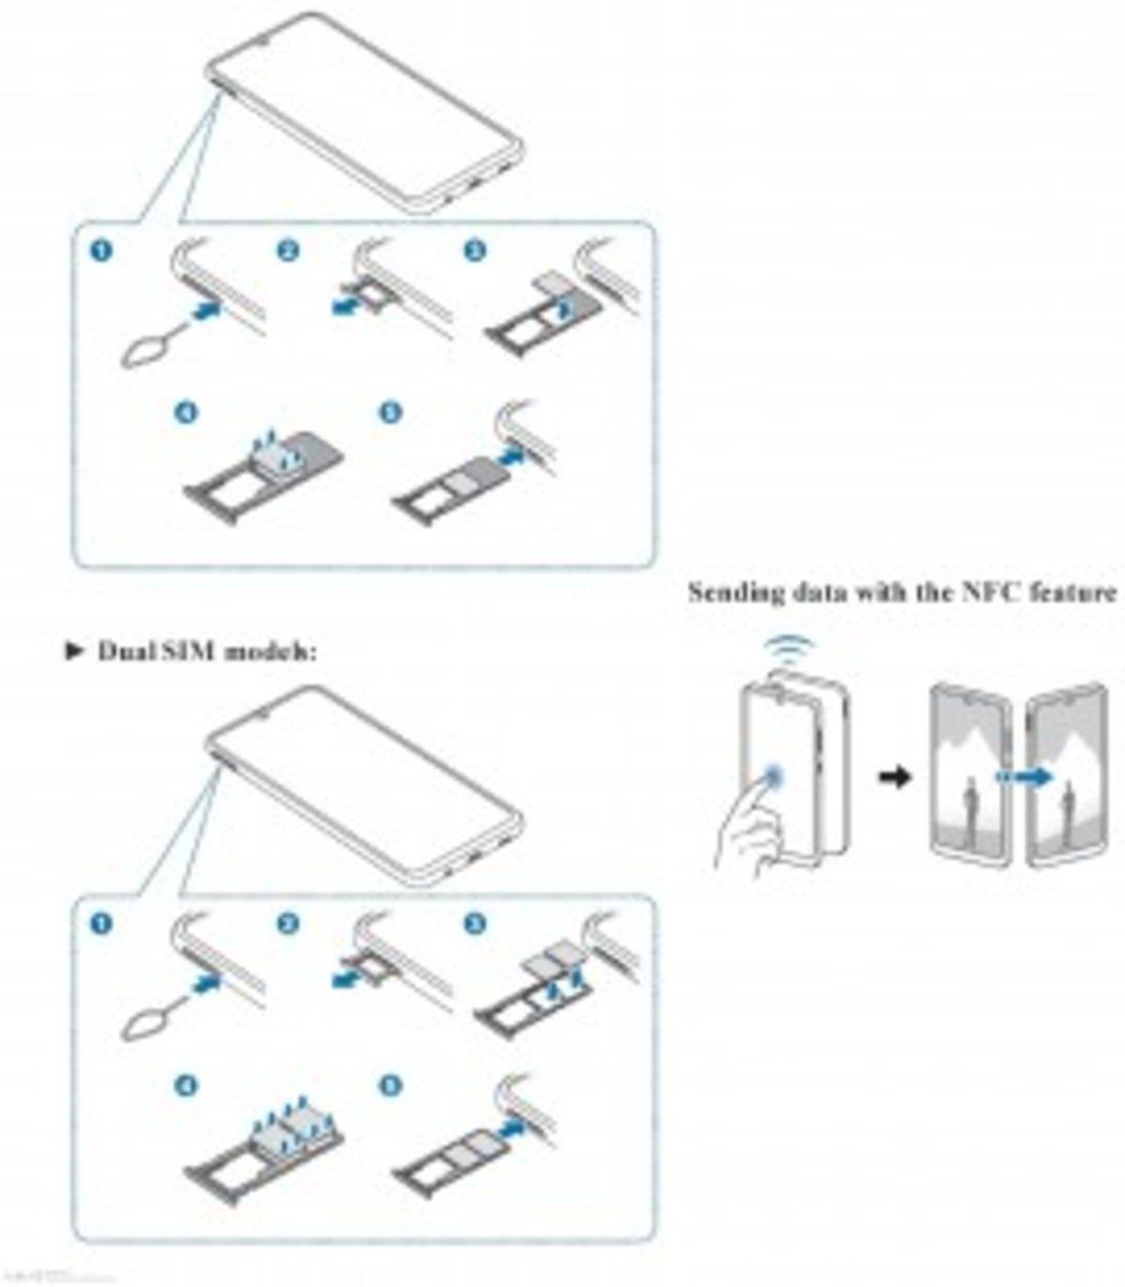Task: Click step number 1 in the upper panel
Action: [x=100, y=250]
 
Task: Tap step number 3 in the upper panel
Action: [x=475, y=250]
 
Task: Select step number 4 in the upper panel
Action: [x=187, y=412]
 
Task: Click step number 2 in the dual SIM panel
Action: [x=288, y=924]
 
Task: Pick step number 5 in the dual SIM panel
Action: [x=390, y=1085]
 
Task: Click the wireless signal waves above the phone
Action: [x=788, y=652]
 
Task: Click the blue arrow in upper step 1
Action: [x=208, y=308]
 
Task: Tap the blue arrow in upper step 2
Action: [x=345, y=306]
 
